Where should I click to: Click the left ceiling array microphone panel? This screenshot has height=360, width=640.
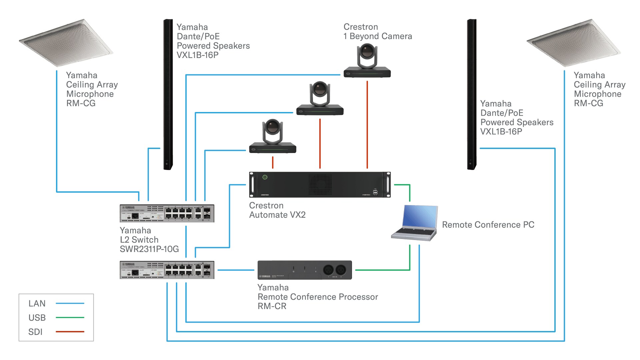tap(66, 43)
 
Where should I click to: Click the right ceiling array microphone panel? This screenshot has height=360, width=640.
tap(573, 43)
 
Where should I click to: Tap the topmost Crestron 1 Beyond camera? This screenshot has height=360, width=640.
tap(367, 62)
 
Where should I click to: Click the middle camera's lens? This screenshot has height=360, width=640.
tap(320, 88)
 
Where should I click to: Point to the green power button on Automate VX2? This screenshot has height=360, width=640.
tap(265, 177)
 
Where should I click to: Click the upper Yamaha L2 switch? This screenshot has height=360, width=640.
tap(167, 213)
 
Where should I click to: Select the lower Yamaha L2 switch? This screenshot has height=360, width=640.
tap(167, 270)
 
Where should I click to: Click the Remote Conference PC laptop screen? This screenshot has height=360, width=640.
tap(420, 217)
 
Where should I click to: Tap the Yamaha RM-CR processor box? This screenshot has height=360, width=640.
tap(304, 270)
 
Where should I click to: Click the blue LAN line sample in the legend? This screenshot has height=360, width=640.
tap(70, 303)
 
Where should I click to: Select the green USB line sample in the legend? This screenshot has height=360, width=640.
tap(70, 318)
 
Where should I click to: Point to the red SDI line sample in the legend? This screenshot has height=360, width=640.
tap(70, 332)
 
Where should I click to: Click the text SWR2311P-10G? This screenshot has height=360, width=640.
tap(149, 249)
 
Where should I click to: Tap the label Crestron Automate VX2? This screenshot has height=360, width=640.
tap(277, 210)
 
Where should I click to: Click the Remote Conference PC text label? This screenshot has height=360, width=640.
tap(488, 225)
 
